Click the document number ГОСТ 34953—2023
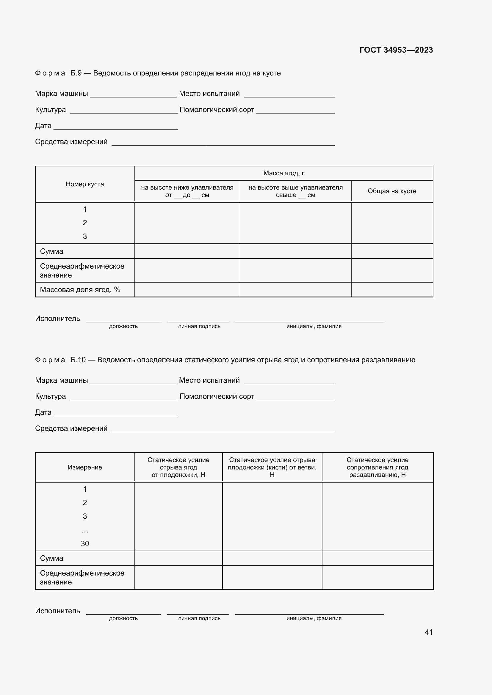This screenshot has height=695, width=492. pos(396,50)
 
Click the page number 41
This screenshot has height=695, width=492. pos(429,632)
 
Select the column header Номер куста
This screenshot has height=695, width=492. pos(85,184)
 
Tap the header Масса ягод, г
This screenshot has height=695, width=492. pos(283,173)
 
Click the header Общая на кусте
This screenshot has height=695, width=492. pos(392,191)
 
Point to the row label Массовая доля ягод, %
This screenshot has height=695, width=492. pos(80,290)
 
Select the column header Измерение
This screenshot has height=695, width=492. pos(85,467)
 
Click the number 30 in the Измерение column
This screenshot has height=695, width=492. pos(85,543)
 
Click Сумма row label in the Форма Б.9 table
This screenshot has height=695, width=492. pos(52,251)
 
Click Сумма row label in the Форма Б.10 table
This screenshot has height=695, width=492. pos(52,558)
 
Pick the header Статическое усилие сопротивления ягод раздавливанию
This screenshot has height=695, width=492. pos(377,467)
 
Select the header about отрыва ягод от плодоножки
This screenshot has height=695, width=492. pos(178,467)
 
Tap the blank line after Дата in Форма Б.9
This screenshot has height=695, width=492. pos(115,127)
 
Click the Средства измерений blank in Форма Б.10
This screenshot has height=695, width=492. pos(223,429)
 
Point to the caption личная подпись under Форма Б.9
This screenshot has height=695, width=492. pos(199,326)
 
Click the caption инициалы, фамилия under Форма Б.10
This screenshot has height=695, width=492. pos(314,618)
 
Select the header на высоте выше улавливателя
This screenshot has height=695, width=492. pos(295,191)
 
